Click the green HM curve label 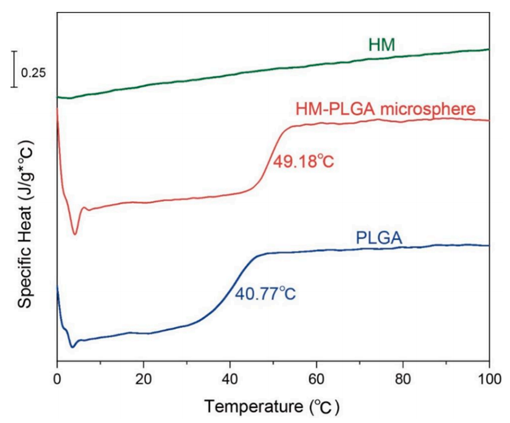[382, 45]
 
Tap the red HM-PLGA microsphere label [385, 110]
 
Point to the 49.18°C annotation [303, 161]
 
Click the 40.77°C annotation [265, 293]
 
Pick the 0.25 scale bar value [34, 73]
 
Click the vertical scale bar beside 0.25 [15, 69]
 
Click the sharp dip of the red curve [75, 233]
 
